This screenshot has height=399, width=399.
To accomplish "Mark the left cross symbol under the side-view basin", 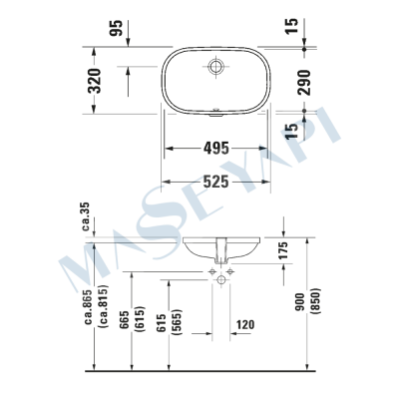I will (x=211, y=270).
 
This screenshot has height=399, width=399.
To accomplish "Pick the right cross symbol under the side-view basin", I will (x=229, y=270).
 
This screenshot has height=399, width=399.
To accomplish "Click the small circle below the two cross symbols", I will (x=220, y=281).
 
